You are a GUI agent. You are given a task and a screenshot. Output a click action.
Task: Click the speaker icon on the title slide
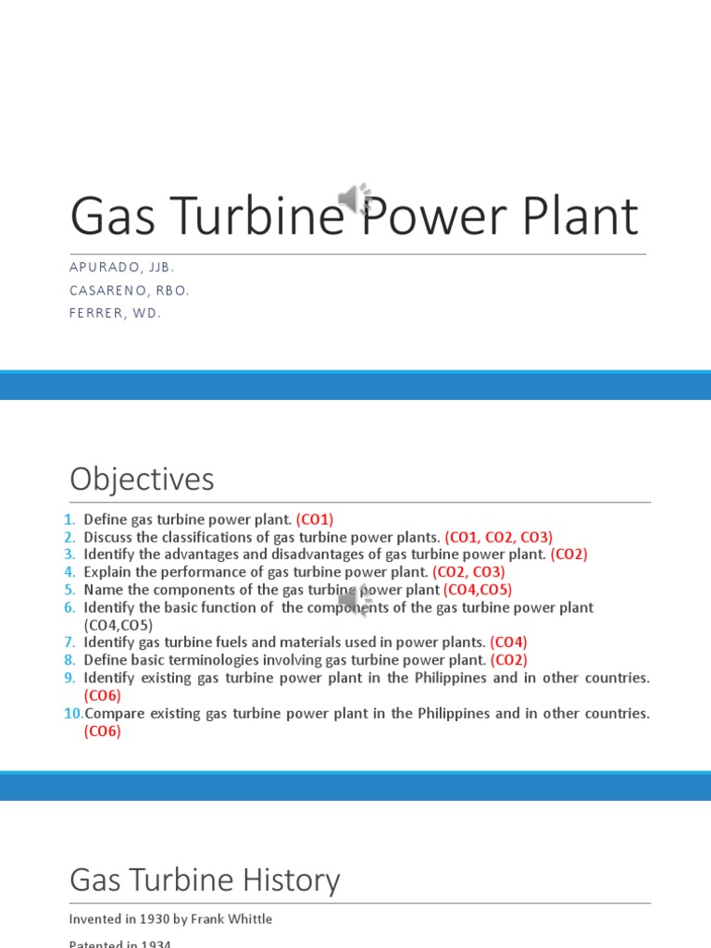(x=355, y=198)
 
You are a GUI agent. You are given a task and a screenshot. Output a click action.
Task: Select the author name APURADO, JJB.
(x=121, y=268)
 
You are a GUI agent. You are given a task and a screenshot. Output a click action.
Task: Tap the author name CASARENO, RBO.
(x=129, y=291)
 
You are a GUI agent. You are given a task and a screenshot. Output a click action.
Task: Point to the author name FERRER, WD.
(x=115, y=314)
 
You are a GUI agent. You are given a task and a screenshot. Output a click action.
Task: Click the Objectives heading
(x=142, y=480)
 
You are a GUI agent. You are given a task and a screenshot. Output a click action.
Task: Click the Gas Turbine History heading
(x=205, y=879)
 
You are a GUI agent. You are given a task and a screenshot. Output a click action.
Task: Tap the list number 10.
(x=73, y=714)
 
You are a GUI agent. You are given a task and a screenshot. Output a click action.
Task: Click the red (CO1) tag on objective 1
(x=314, y=519)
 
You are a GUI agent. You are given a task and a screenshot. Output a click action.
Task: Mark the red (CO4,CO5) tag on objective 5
(x=477, y=590)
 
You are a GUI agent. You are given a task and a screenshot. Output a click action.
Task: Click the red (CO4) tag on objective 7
(x=508, y=642)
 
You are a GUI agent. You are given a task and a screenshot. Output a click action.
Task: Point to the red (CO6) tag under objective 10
(x=102, y=731)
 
